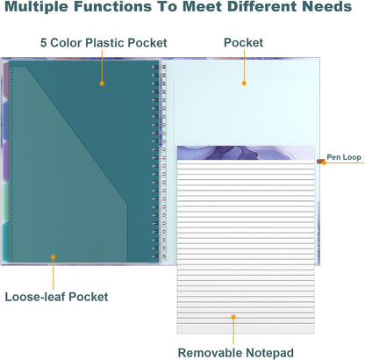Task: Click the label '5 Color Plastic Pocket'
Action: pyautogui.click(x=104, y=43)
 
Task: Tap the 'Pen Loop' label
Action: pyautogui.click(x=344, y=157)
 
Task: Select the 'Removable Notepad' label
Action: pyautogui.click(x=236, y=353)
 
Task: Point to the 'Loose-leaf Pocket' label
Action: pyautogui.click(x=56, y=297)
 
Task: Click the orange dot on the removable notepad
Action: pyautogui.click(x=233, y=317)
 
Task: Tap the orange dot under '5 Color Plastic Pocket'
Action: pyautogui.click(x=102, y=83)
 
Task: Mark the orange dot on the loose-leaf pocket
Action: pyautogui.click(x=53, y=257)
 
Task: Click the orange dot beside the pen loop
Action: pyautogui.click(x=324, y=162)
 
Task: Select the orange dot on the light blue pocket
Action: pyautogui.click(x=244, y=83)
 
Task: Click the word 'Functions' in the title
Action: pyautogui.click(x=112, y=6)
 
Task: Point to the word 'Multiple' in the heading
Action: pyautogui.click(x=37, y=6)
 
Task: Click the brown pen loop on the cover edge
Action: pyautogui.click(x=320, y=162)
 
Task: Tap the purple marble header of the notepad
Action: pyautogui.click(x=246, y=153)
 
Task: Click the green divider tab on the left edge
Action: pyautogui.click(x=5, y=202)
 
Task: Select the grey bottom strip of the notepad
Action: pyautogui.click(x=246, y=328)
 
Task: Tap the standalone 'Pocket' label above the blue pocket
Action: pyautogui.click(x=243, y=43)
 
